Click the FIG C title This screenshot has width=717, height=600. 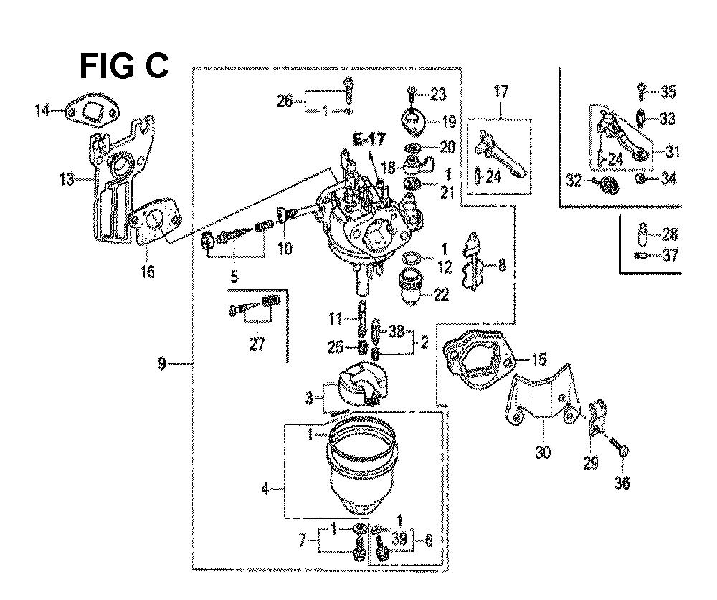tap(124, 67)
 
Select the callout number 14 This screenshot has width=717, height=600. tap(43, 110)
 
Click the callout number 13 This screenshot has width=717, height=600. tap(67, 179)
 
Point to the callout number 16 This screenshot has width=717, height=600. tap(147, 272)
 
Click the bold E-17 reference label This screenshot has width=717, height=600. tap(369, 138)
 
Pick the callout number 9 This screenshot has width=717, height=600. tap(162, 364)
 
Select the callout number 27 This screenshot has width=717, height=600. tap(257, 343)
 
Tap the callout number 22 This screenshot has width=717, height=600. tap(441, 295)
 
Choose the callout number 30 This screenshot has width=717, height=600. tap(543, 453)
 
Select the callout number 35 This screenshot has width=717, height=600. tap(668, 92)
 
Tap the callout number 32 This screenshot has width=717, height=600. tap(574, 181)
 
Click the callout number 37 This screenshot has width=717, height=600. tap(670, 254)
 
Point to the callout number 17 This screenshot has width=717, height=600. tap(501, 92)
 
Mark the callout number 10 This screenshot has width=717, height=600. tap(285, 249)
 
